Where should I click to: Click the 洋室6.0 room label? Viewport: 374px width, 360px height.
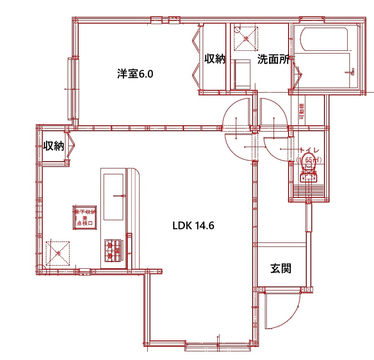(135, 74)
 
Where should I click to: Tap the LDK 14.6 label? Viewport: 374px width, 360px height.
(193, 226)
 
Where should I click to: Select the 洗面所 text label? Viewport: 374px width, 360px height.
(274, 59)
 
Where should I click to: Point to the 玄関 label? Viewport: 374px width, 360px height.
(280, 268)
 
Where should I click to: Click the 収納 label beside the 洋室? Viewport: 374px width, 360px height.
(214, 59)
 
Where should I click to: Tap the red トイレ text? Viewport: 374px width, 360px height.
(309, 150)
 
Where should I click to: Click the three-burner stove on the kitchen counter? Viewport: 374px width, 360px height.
(113, 250)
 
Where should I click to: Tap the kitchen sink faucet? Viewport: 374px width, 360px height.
(120, 196)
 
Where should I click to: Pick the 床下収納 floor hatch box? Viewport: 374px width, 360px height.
(85, 217)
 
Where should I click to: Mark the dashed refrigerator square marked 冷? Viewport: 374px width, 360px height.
(58, 253)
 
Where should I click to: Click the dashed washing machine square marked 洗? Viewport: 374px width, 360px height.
(246, 38)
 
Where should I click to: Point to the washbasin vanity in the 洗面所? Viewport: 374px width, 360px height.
(241, 74)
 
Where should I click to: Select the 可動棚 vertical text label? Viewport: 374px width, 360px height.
(302, 112)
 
